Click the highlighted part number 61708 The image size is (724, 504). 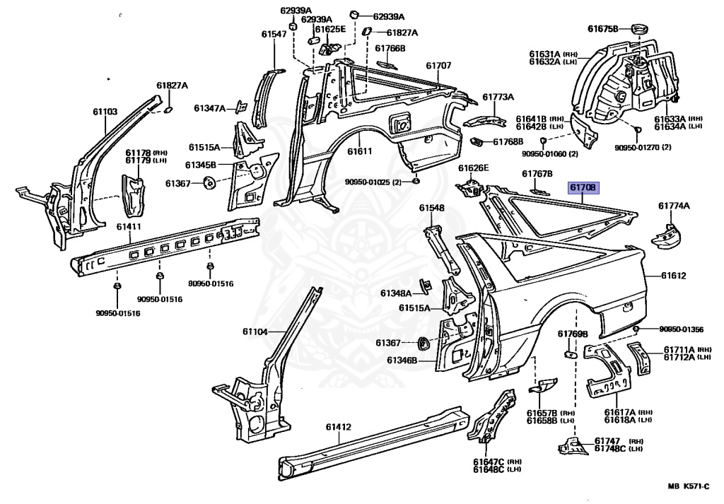(584, 188)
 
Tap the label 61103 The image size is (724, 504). (105, 112)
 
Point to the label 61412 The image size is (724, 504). (339, 427)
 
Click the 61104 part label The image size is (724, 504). (256, 332)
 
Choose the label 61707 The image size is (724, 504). (438, 66)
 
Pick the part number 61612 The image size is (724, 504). (674, 276)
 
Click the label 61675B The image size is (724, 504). (603, 29)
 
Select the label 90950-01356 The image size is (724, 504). (682, 329)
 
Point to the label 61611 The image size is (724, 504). (359, 151)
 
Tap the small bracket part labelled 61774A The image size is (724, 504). (665, 236)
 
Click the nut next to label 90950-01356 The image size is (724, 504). (637, 329)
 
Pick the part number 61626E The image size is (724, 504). (473, 168)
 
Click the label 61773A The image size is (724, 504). (498, 97)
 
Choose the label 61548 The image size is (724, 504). (431, 208)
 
